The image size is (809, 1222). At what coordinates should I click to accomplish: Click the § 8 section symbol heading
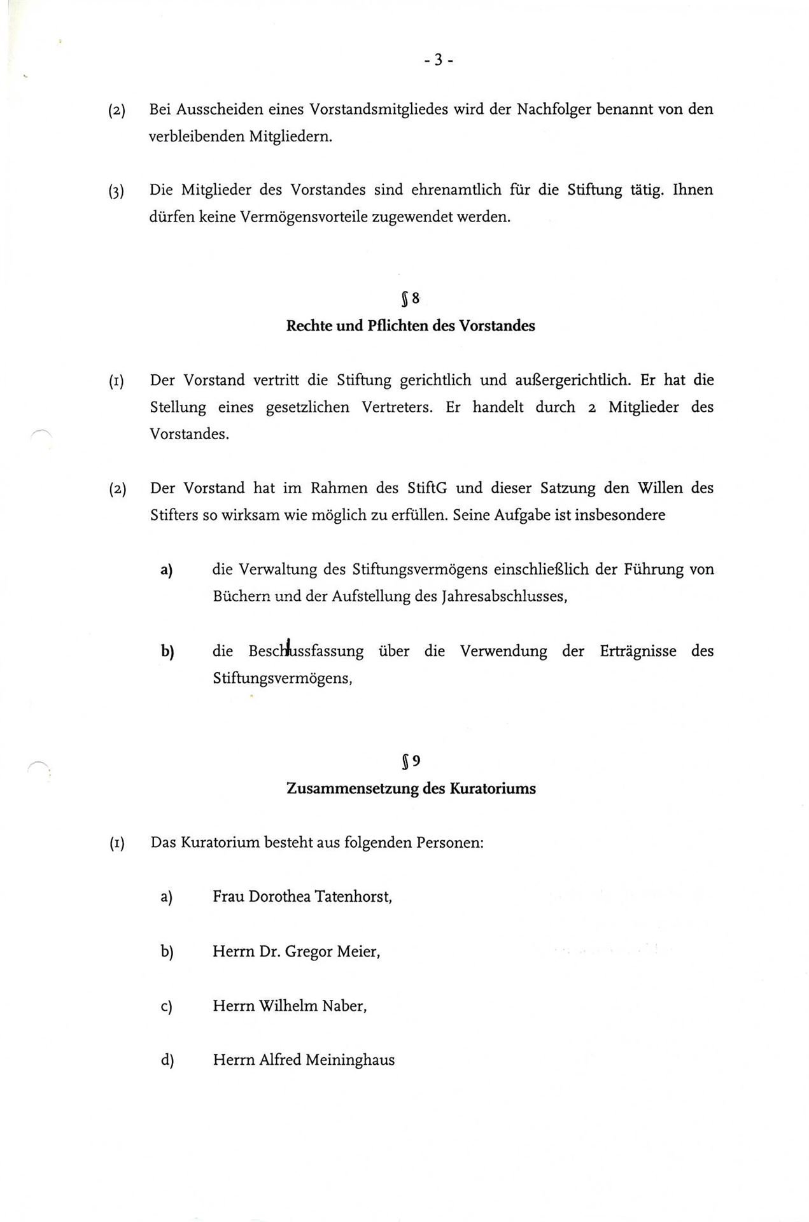411,298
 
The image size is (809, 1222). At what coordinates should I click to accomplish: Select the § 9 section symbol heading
411,761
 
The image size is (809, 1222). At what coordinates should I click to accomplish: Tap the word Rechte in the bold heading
308,326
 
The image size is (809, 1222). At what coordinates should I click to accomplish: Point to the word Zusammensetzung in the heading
352,789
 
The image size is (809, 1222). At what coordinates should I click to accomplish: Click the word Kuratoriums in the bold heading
493,789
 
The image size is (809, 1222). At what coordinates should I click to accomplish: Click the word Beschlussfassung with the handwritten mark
306,651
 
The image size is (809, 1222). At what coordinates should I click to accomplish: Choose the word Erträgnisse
637,651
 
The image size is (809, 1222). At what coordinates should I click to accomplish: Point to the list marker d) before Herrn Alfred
167,1060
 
